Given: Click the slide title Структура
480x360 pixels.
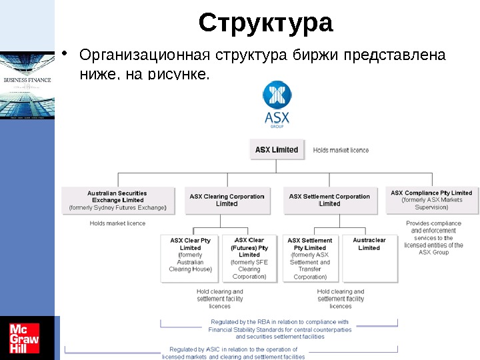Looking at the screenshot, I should [x=265, y=23].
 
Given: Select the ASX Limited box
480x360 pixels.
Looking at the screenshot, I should [x=277, y=149].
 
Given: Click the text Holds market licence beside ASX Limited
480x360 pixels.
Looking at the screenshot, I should [x=341, y=150].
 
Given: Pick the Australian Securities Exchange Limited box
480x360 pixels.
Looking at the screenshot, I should [x=118, y=200].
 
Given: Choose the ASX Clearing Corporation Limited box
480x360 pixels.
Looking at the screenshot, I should [x=227, y=200].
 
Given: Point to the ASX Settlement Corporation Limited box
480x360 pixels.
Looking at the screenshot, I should [x=329, y=200].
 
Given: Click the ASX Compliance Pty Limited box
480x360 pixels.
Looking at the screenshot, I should [x=431, y=200].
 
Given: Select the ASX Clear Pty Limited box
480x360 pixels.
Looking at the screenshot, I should [x=190, y=258].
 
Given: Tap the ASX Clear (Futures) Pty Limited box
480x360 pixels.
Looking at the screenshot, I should [x=249, y=258].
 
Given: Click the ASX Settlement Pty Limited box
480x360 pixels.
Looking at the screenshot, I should [x=310, y=258].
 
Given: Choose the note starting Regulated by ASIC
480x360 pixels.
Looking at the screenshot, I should [x=233, y=353].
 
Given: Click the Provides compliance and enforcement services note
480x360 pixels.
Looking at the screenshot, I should [x=433, y=237].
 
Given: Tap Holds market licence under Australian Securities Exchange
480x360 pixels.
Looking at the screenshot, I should [x=117, y=223].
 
